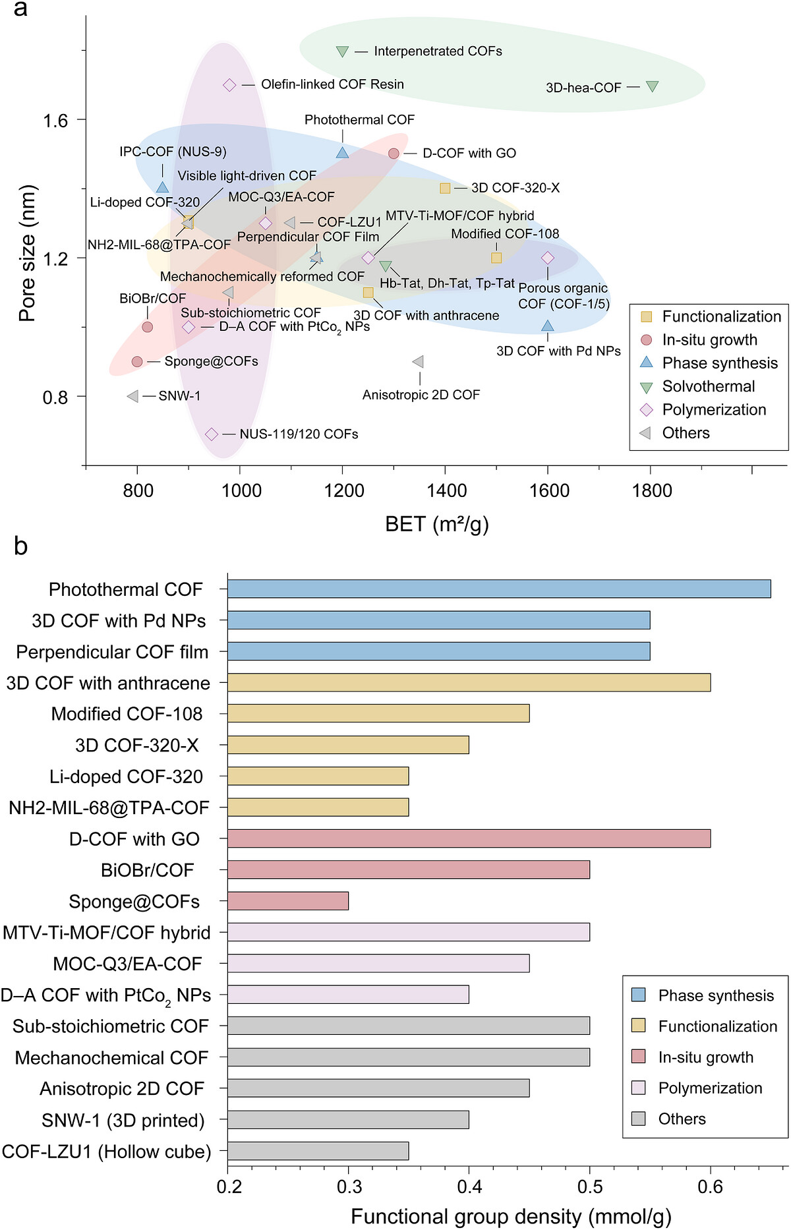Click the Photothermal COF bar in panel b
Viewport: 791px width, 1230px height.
click(499, 589)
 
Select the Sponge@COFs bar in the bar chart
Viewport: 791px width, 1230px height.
click(288, 901)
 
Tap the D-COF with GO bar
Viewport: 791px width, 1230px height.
click(469, 838)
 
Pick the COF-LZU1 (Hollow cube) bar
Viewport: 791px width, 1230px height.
click(318, 1151)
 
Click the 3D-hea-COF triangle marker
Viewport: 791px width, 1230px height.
click(652, 86)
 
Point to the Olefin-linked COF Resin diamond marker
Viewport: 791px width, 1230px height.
click(229, 85)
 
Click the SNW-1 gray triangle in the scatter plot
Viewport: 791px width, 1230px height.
click(132, 396)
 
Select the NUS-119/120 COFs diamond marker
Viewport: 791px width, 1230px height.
click(212, 434)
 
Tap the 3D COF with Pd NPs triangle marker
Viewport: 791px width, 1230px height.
click(547, 326)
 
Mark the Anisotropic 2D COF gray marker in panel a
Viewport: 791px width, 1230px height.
click(418, 362)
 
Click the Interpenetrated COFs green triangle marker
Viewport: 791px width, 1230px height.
click(342, 51)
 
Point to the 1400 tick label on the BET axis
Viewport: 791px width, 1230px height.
click(446, 491)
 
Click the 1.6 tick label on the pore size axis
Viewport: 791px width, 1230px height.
click(55, 120)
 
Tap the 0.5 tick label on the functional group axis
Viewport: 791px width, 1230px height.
click(590, 1187)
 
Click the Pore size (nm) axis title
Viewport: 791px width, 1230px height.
click(27, 254)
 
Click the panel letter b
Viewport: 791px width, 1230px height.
click(20, 546)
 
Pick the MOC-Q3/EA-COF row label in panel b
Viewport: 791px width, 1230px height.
click(128, 964)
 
